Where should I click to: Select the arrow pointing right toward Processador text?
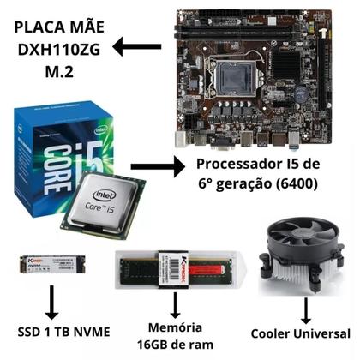coord(158,165)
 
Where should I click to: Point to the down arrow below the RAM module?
coord(175,303)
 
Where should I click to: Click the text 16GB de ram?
coord(175,344)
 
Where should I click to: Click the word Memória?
coord(175,327)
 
